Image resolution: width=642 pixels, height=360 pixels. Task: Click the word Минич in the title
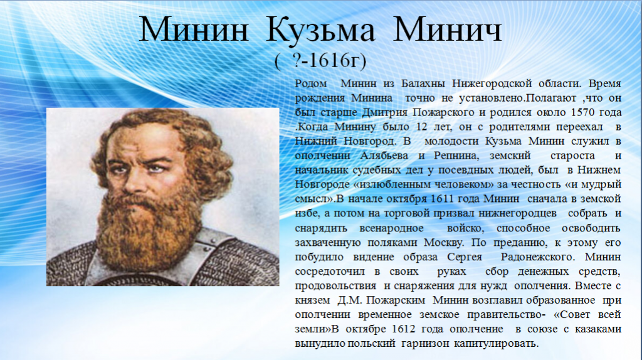click(x=447, y=30)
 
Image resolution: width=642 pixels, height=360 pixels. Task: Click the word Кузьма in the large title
click(x=320, y=30)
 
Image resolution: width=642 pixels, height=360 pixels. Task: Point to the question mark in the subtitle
click(x=297, y=60)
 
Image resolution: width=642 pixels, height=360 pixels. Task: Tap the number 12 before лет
click(x=421, y=127)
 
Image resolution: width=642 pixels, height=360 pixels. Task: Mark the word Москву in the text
click(x=443, y=243)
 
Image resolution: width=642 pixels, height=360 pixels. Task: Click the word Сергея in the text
click(x=465, y=257)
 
